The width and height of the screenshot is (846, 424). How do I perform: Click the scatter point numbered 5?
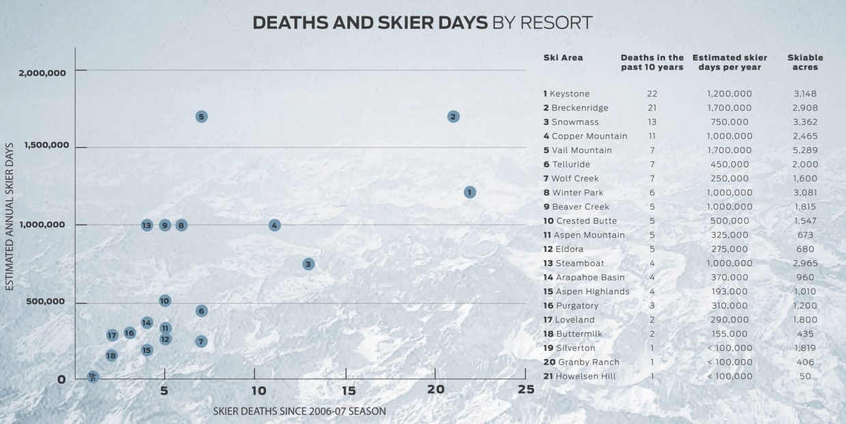201,117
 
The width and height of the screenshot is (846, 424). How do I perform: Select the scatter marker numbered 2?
453,117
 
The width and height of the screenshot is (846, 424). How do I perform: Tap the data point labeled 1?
469,193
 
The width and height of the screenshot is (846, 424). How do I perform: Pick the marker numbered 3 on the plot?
308,264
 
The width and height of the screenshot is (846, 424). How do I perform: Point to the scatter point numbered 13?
147,225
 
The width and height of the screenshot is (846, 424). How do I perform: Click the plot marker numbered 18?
111,356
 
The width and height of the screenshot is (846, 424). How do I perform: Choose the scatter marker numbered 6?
201,311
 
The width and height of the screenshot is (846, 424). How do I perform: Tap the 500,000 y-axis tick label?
46,302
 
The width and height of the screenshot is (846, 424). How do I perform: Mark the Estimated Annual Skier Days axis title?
11,216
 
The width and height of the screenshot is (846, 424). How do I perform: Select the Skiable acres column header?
805,62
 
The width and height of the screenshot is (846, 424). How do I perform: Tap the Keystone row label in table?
569,94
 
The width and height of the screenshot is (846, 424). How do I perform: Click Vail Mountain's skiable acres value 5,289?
805,150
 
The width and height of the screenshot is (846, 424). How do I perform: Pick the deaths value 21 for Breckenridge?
652,108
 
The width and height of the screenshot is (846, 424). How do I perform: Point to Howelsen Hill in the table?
585,376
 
